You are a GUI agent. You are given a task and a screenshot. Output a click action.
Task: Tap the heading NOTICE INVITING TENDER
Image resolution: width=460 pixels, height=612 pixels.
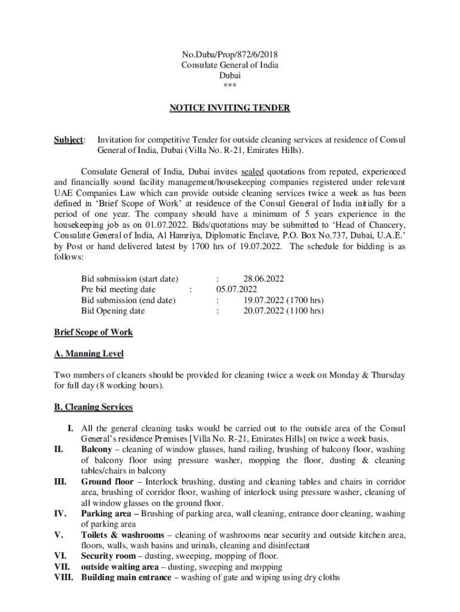point(229,108)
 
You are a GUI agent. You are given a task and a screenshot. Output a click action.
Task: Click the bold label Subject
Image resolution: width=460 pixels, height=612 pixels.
point(69,140)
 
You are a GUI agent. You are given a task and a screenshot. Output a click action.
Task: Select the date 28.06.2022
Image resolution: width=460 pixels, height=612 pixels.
point(263,279)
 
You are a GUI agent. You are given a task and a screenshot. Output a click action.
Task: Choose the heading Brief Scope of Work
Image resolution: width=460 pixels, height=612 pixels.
point(93,332)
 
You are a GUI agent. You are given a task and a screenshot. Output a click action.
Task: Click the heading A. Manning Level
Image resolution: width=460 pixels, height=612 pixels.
point(88,354)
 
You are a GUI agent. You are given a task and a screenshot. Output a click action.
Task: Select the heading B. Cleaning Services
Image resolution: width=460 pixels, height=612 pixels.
point(93,407)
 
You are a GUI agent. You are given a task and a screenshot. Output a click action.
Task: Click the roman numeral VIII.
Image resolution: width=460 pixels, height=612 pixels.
point(63,578)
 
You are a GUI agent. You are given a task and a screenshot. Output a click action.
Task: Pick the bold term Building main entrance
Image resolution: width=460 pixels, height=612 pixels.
point(125,578)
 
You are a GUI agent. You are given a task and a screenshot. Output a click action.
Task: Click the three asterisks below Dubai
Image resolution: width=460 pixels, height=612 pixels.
point(229,86)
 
